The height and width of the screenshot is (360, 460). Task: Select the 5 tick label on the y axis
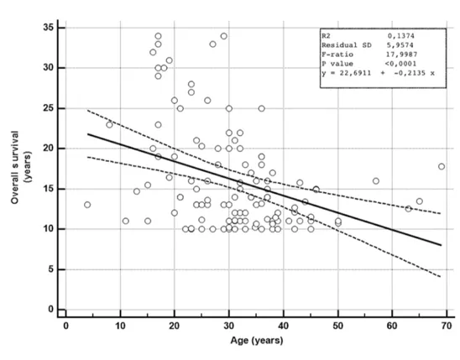tap(50, 269)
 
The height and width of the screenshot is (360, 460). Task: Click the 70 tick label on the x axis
tap(447, 325)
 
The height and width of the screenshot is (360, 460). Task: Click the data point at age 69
tap(442, 167)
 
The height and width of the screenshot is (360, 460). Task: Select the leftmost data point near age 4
tap(87, 205)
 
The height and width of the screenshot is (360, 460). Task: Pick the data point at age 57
tap(376, 180)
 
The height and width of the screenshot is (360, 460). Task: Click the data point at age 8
tap(109, 124)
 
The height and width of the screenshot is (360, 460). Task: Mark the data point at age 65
tap(420, 201)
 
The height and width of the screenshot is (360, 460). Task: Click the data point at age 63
tap(409, 209)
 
